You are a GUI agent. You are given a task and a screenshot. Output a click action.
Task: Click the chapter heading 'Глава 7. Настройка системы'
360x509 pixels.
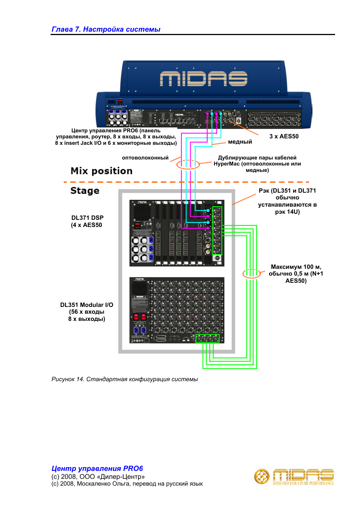(106, 29)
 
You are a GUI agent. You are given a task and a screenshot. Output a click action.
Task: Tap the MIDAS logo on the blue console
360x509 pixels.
(203, 79)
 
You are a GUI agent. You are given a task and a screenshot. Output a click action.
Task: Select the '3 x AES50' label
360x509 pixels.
(284, 136)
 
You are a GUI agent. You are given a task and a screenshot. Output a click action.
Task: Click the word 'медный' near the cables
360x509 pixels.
(240, 142)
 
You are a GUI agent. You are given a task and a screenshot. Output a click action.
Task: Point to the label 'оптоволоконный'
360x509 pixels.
(145, 158)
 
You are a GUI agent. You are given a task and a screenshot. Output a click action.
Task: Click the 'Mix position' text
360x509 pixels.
(102, 171)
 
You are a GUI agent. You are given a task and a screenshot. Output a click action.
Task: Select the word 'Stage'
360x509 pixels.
(85, 191)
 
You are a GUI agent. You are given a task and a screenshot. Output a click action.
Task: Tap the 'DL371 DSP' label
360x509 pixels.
(87, 218)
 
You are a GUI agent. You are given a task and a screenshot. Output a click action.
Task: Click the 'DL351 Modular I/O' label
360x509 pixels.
(86, 305)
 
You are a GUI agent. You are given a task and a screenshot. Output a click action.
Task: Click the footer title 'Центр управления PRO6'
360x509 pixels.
(97, 469)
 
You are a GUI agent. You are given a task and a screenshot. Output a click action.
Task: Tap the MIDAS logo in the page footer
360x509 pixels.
(294, 477)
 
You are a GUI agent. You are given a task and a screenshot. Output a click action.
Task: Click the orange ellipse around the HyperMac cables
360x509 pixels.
(188, 164)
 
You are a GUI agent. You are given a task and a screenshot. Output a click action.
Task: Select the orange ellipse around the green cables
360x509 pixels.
(251, 274)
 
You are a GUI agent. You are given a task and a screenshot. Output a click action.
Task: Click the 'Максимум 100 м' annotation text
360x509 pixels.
(296, 267)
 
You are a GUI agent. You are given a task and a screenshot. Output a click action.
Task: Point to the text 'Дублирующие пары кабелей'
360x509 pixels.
(257, 158)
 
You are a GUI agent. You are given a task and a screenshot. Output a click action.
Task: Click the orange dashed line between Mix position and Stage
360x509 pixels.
(151, 182)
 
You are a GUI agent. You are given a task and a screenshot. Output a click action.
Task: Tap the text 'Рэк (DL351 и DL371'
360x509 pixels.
(287, 191)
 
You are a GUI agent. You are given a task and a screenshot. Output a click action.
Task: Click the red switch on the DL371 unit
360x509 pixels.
(138, 225)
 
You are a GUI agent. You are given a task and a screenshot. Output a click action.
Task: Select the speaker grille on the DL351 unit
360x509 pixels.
(139, 288)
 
